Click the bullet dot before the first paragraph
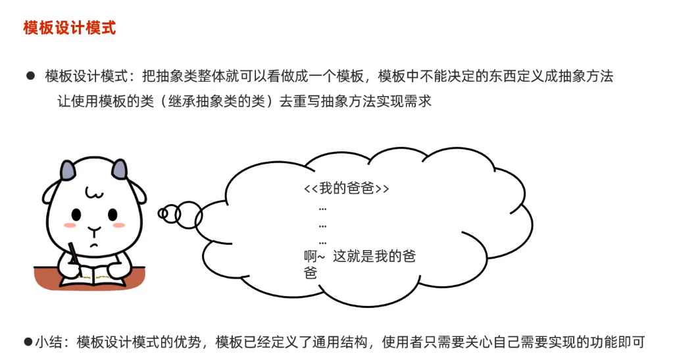click(30, 76)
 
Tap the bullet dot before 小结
click(28, 342)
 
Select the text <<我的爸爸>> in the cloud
click(347, 189)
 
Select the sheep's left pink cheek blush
click(69, 226)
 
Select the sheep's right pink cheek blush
click(119, 225)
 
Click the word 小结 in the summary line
click(47, 342)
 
